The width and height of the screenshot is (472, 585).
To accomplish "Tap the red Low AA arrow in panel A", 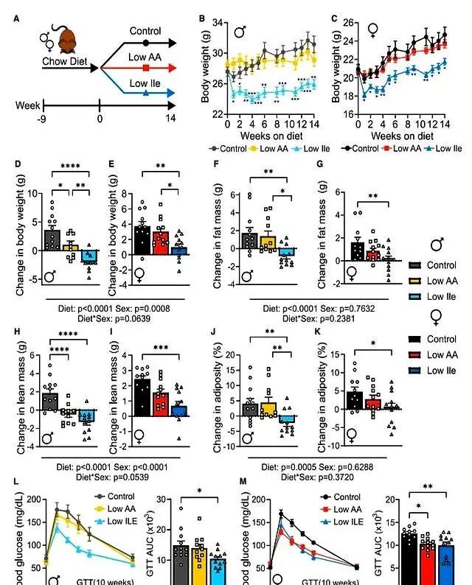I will pos(140,68).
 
